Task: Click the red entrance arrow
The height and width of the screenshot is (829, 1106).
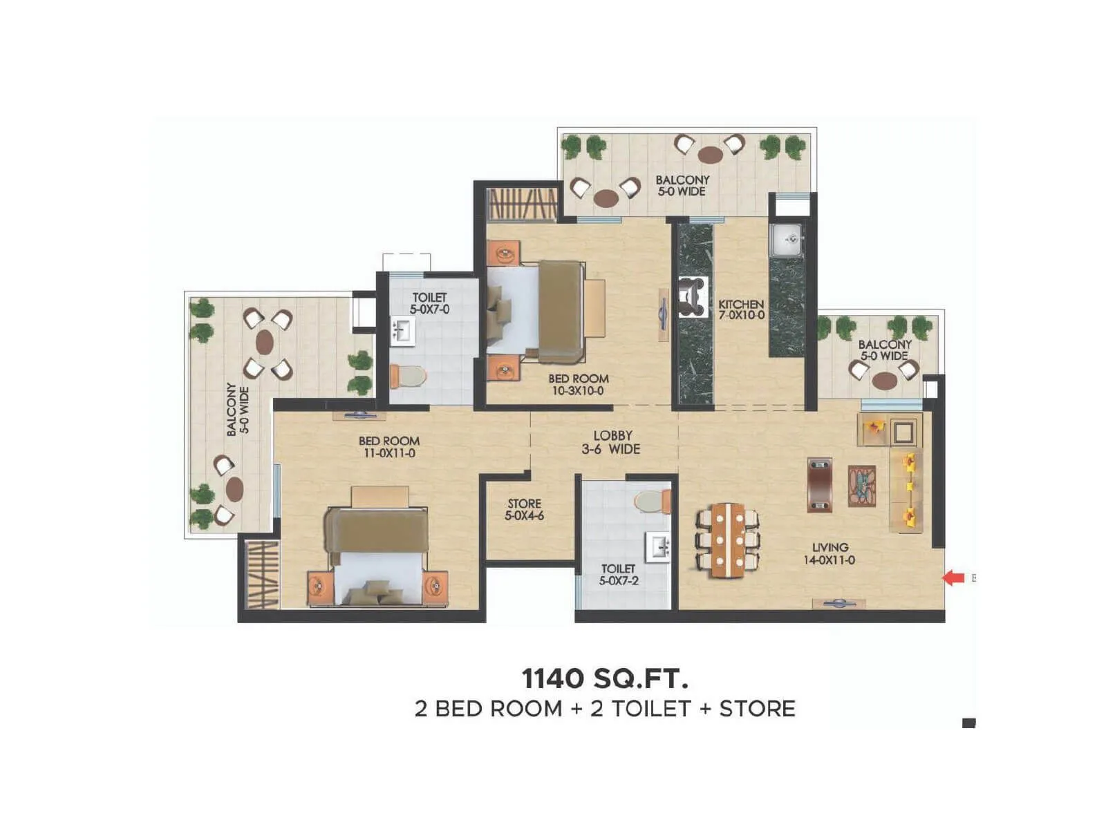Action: tap(954, 578)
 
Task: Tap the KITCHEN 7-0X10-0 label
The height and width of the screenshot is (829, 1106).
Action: tap(741, 309)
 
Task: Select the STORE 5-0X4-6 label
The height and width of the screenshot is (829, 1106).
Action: tap(524, 510)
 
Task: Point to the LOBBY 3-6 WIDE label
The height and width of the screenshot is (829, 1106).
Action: tap(612, 442)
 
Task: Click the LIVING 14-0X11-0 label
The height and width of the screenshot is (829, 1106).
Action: tap(829, 553)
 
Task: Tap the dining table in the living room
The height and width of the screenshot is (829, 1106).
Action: tap(728, 540)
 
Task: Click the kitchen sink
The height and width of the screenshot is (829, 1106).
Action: tap(787, 240)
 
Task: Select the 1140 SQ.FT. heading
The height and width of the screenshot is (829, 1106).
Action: tap(605, 678)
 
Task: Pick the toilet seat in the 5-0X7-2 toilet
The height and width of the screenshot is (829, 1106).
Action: tap(651, 501)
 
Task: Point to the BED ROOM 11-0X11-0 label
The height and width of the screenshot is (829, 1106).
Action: tap(388, 447)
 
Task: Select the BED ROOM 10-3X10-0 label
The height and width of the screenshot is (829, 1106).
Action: tap(579, 385)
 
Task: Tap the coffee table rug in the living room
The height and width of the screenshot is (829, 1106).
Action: tap(861, 486)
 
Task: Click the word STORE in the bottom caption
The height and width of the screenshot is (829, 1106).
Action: tap(757, 709)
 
